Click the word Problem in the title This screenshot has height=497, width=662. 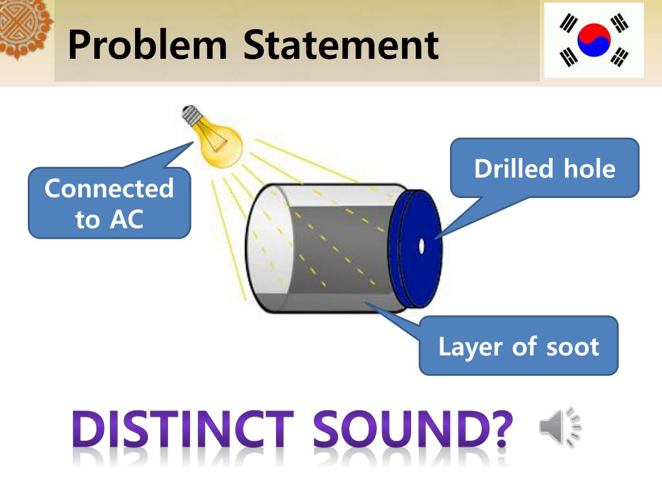click(x=147, y=45)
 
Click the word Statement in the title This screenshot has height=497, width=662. click(x=341, y=45)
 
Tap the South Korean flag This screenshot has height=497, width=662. click(x=593, y=40)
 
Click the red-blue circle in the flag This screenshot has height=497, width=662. click(x=593, y=40)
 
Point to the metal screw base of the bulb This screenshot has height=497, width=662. click(x=191, y=117)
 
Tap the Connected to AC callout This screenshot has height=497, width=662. click(x=109, y=204)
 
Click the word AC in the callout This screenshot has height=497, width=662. click(x=126, y=220)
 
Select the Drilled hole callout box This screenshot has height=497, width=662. click(x=544, y=168)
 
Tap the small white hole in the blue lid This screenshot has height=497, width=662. click(x=422, y=247)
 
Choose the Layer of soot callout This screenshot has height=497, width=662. click(x=518, y=346)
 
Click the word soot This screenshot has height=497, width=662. click(x=573, y=347)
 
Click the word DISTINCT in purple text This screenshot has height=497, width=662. click(x=182, y=429)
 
